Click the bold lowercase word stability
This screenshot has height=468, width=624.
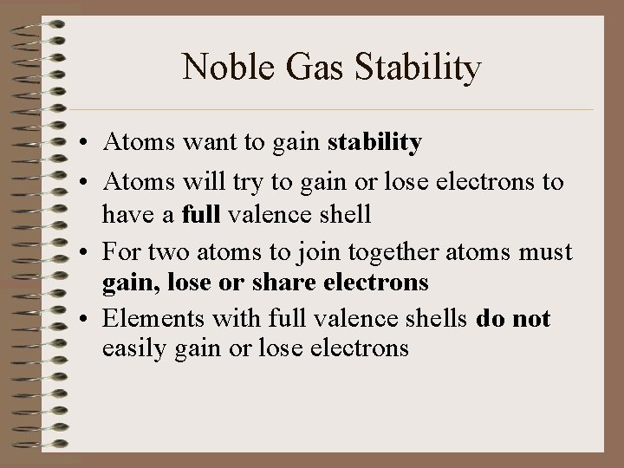coord(374,143)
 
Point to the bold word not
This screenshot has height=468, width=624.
coord(530,319)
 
